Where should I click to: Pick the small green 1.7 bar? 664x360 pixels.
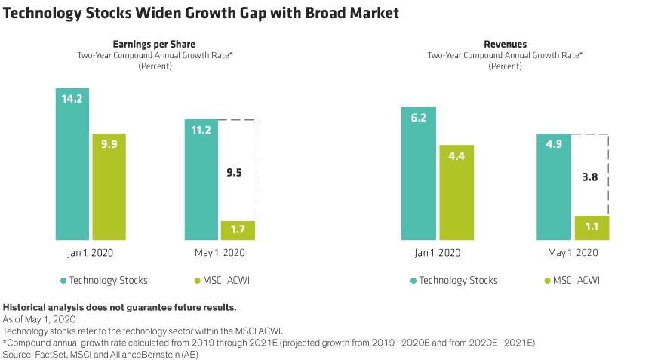pos(237,230)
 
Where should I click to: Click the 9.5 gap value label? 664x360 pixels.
pos(235,172)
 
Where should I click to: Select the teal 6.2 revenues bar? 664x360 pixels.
pos(419,173)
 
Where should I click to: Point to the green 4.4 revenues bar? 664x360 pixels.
pos(456,192)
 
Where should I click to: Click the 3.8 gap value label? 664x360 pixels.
pos(590,178)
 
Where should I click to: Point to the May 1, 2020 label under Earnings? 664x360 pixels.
pos(219,253)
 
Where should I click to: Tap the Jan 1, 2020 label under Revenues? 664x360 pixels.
pos(438,253)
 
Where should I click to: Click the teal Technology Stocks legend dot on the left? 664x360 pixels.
pos(63,281)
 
